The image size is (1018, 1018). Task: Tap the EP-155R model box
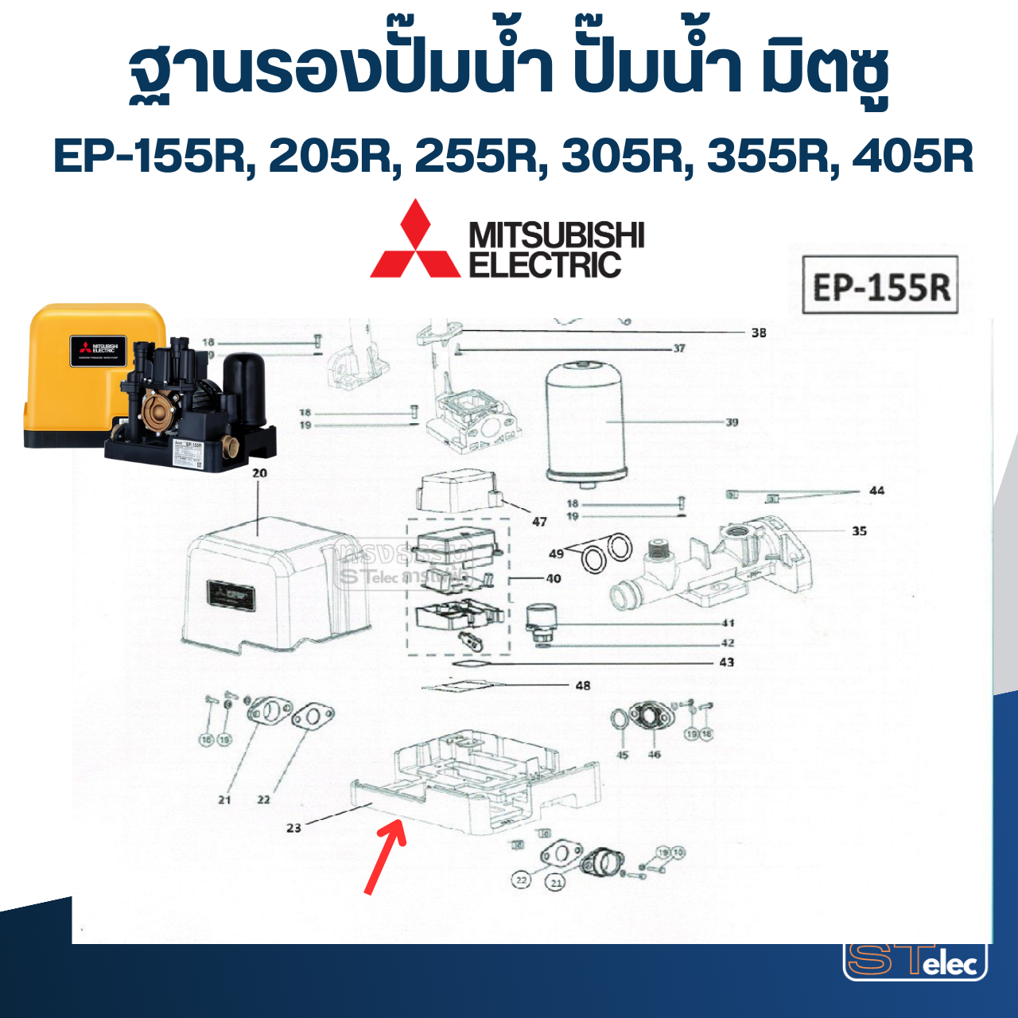coord(880,286)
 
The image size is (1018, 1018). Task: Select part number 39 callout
coord(732,422)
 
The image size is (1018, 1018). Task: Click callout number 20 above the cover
coord(260,473)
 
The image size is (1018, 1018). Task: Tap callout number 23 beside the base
coord(293,828)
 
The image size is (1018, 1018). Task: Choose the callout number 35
coord(859,531)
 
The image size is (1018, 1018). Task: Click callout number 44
coord(876,491)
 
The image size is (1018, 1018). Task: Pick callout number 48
coord(583,686)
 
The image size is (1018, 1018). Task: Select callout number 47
coord(539,522)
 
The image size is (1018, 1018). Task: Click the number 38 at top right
coord(759,332)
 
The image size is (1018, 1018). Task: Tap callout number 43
coord(727,662)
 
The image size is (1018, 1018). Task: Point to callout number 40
coord(554,578)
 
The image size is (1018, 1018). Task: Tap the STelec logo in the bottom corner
coord(915,960)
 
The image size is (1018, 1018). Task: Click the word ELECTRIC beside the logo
coord(545,265)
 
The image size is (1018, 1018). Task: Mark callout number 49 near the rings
coord(557,554)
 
